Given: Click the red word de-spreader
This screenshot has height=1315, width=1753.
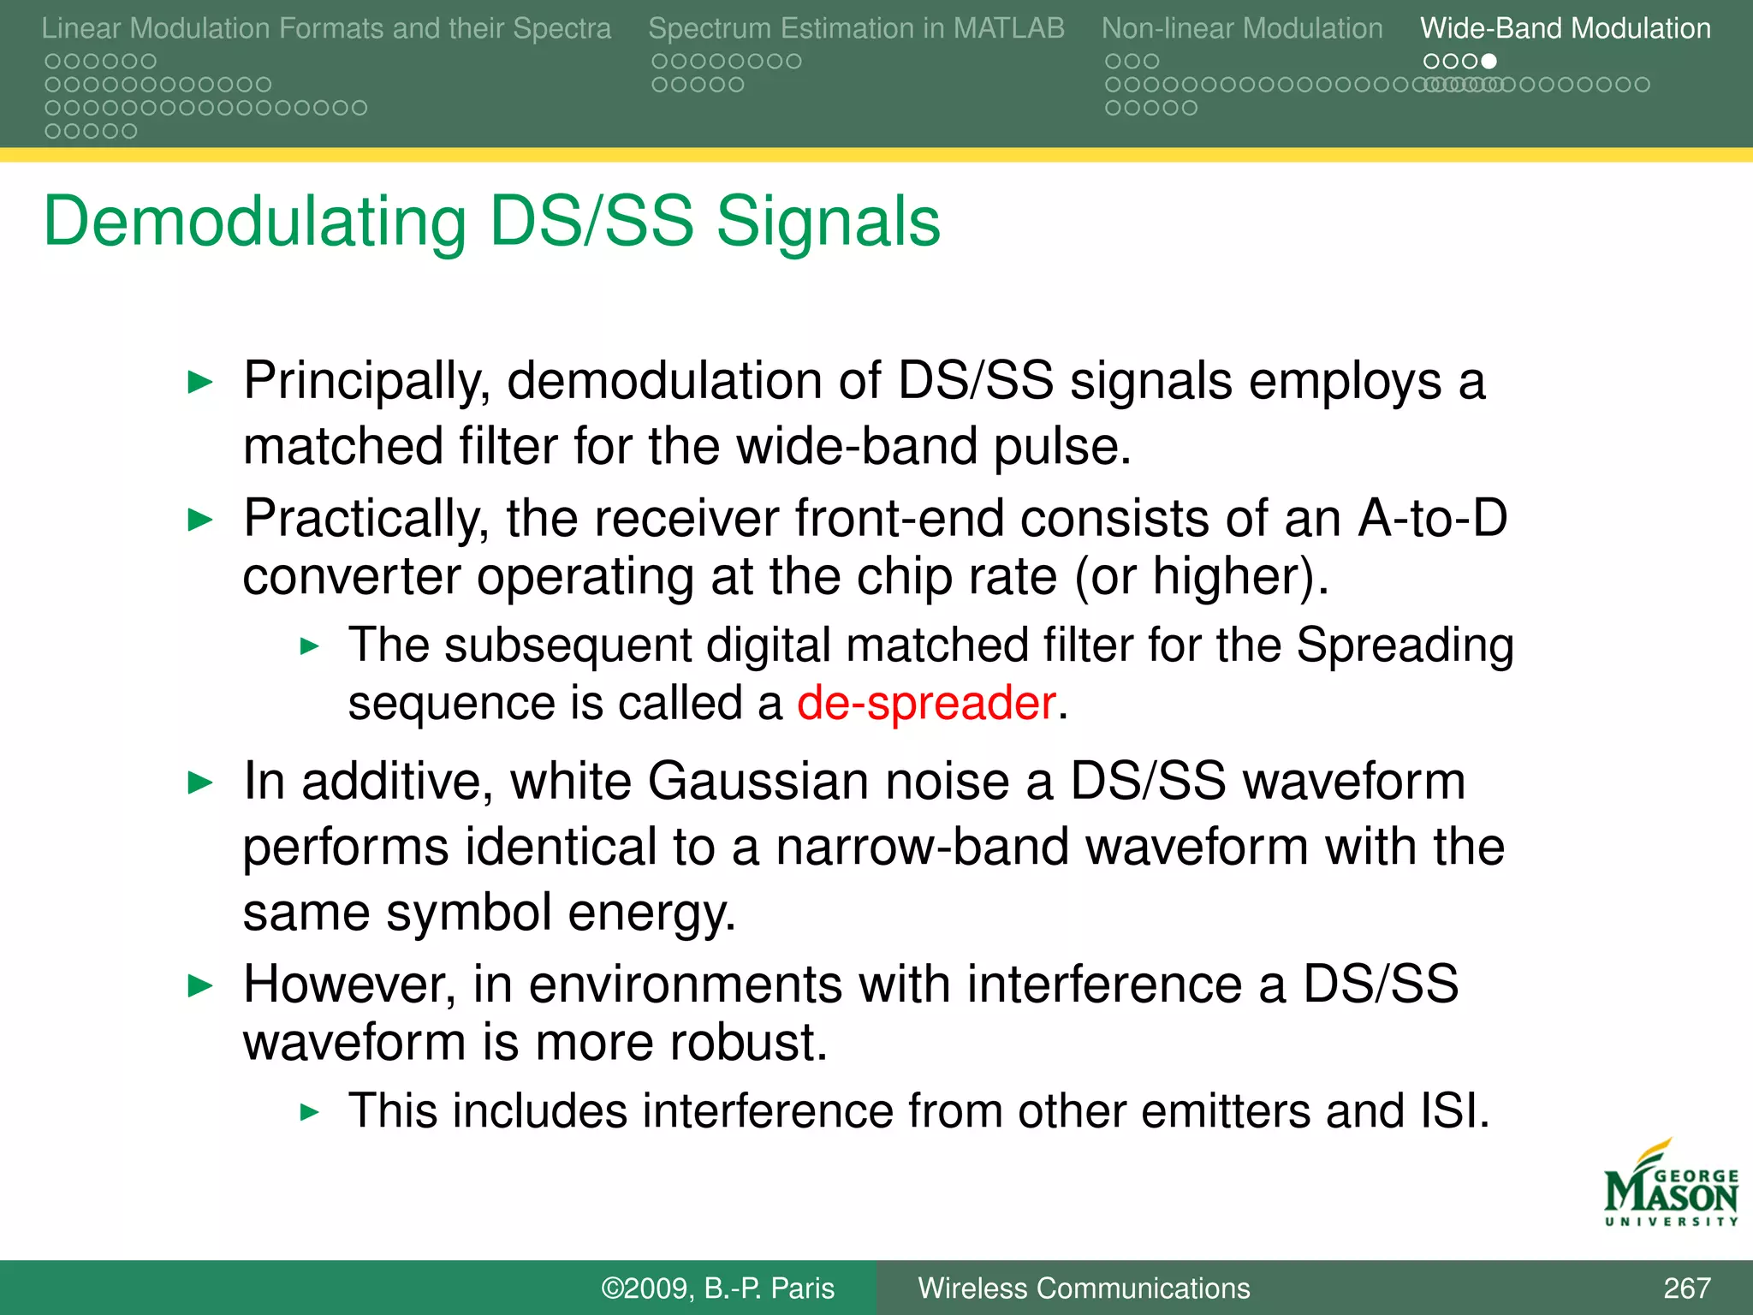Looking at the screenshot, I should click(x=926, y=704).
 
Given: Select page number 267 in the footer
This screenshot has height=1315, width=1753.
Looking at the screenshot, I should click(x=1686, y=1288).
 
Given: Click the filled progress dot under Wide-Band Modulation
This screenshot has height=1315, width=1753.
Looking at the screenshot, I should click(x=1489, y=62).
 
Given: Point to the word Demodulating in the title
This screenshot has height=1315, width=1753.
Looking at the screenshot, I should click(x=254, y=223).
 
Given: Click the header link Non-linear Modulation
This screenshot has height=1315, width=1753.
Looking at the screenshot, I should click(x=1241, y=28).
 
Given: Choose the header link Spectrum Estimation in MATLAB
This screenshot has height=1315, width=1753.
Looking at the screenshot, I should click(x=856, y=28).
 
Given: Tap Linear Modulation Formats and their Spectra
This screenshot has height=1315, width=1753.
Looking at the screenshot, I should click(x=326, y=28).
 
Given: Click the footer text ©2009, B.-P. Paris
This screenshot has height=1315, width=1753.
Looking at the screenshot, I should click(x=717, y=1288).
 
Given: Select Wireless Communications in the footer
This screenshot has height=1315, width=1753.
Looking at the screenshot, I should click(x=1084, y=1288).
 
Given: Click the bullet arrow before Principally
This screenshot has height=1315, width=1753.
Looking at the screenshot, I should click(x=199, y=382).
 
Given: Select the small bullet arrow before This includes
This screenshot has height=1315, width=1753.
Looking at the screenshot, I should click(x=310, y=1113).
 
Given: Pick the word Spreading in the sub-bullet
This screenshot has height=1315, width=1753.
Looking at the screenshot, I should click(x=1404, y=646).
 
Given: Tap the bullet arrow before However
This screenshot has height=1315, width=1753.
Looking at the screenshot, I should click(x=199, y=986).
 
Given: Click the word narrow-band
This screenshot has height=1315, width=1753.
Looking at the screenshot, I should click(x=923, y=848).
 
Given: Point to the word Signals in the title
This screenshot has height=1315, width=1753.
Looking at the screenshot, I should click(x=828, y=223).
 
